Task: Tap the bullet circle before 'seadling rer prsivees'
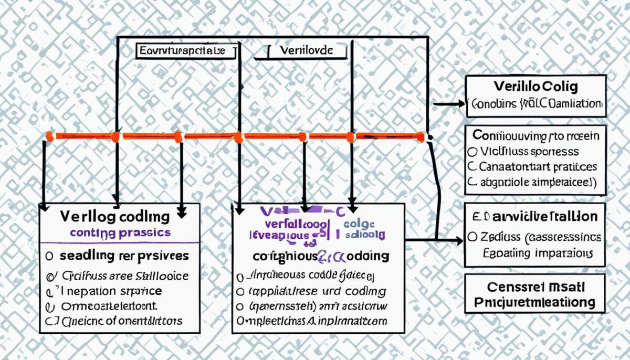(x=49, y=256)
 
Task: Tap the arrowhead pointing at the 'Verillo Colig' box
(x=461, y=104)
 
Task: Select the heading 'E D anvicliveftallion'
(x=535, y=216)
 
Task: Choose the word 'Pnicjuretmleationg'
(x=534, y=302)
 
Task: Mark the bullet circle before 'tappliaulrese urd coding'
(x=240, y=291)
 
